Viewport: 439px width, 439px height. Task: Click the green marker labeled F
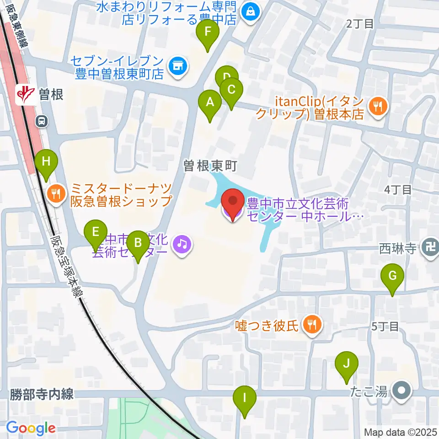coord(208,32)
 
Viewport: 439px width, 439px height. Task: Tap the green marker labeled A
coord(210,102)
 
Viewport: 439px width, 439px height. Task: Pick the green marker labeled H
coord(46,162)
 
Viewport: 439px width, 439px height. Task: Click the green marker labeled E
coord(96,232)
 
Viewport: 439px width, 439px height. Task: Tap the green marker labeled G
coord(392,276)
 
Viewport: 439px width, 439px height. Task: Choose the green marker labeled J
coord(346,364)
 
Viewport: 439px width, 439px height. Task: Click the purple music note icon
coord(182,245)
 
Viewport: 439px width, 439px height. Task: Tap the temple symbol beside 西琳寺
coord(430,249)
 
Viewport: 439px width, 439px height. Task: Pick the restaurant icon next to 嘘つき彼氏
coord(312,326)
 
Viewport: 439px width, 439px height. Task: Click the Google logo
coord(31,428)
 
